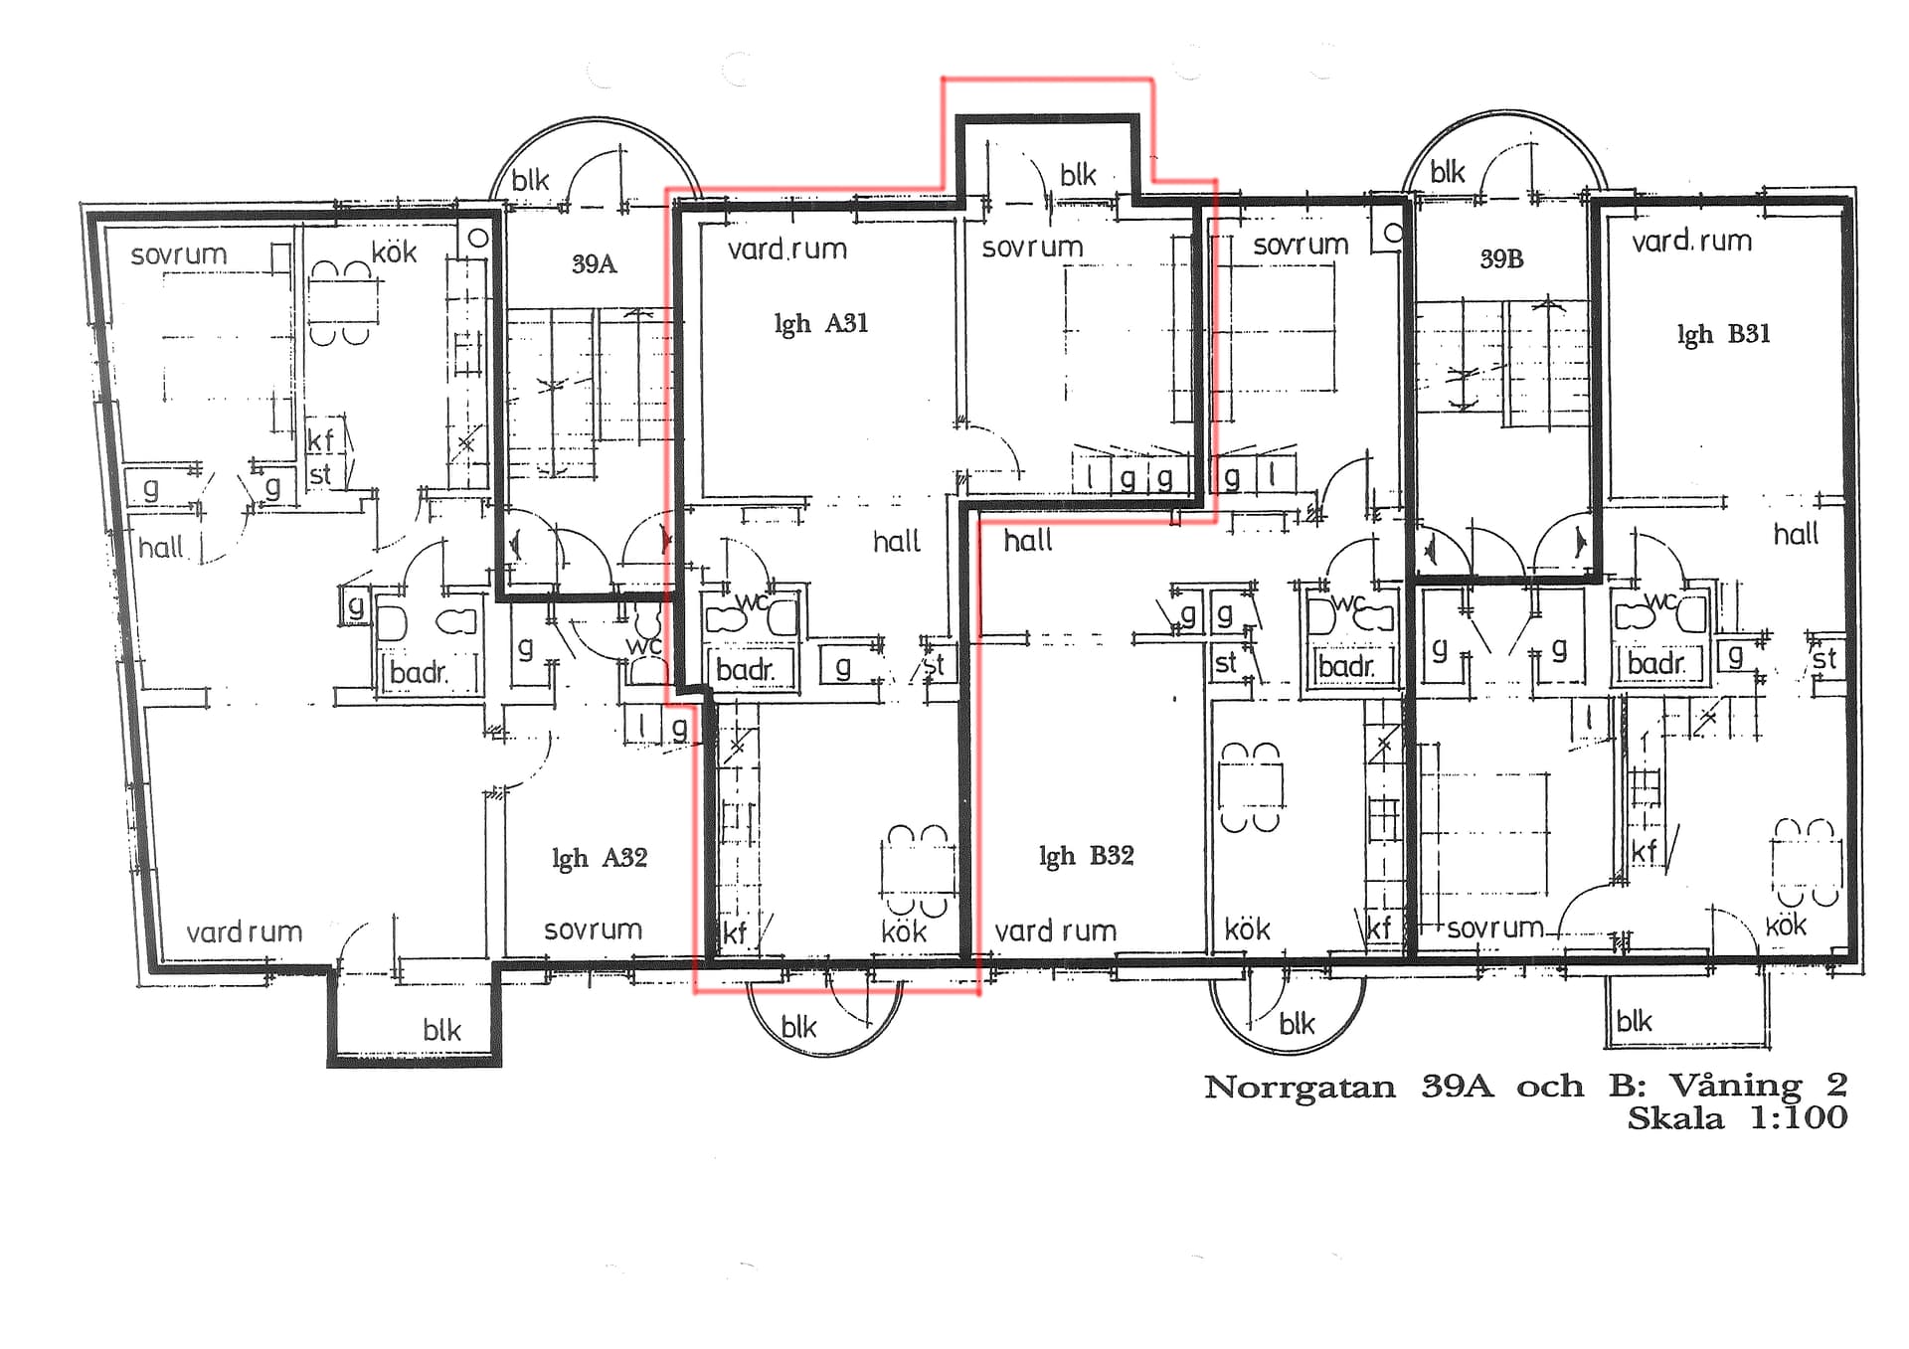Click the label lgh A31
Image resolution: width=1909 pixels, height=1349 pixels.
[x=821, y=324]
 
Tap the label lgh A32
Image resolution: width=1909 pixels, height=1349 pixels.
[x=600, y=858]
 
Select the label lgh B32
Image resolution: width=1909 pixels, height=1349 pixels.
[x=1086, y=856]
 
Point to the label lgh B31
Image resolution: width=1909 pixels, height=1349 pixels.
[x=1723, y=334]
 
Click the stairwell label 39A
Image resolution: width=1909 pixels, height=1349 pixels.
[x=594, y=264]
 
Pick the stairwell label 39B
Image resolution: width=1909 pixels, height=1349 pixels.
[x=1501, y=259]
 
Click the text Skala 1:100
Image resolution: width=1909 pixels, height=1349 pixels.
[x=1737, y=1118]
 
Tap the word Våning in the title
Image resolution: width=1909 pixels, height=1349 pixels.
[x=1735, y=1086]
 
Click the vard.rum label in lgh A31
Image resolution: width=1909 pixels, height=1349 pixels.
[x=786, y=249]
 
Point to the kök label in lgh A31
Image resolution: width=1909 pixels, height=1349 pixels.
[x=904, y=931]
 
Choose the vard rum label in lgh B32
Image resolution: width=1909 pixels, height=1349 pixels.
[x=1056, y=930]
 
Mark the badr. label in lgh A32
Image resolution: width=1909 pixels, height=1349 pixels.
[x=419, y=673]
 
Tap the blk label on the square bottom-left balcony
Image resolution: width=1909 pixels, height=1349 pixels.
[x=441, y=1030]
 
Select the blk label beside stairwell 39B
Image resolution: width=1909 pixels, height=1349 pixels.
[x=1448, y=172]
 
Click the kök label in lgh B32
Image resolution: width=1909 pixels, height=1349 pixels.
[x=1247, y=929]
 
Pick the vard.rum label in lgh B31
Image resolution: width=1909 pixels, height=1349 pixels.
[x=1691, y=241]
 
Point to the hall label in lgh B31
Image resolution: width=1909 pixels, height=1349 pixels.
[x=1796, y=535]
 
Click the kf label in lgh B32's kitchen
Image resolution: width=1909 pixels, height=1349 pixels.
[x=1378, y=927]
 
